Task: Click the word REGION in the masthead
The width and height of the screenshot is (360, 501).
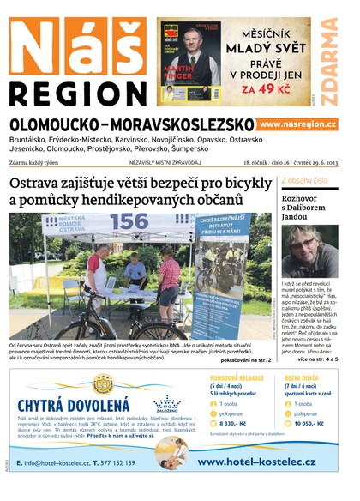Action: pyautogui.click(x=77, y=93)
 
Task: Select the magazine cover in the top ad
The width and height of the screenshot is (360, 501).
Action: pyautogui.click(x=189, y=62)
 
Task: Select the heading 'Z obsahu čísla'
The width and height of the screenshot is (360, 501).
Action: pyautogui.click(x=304, y=181)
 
